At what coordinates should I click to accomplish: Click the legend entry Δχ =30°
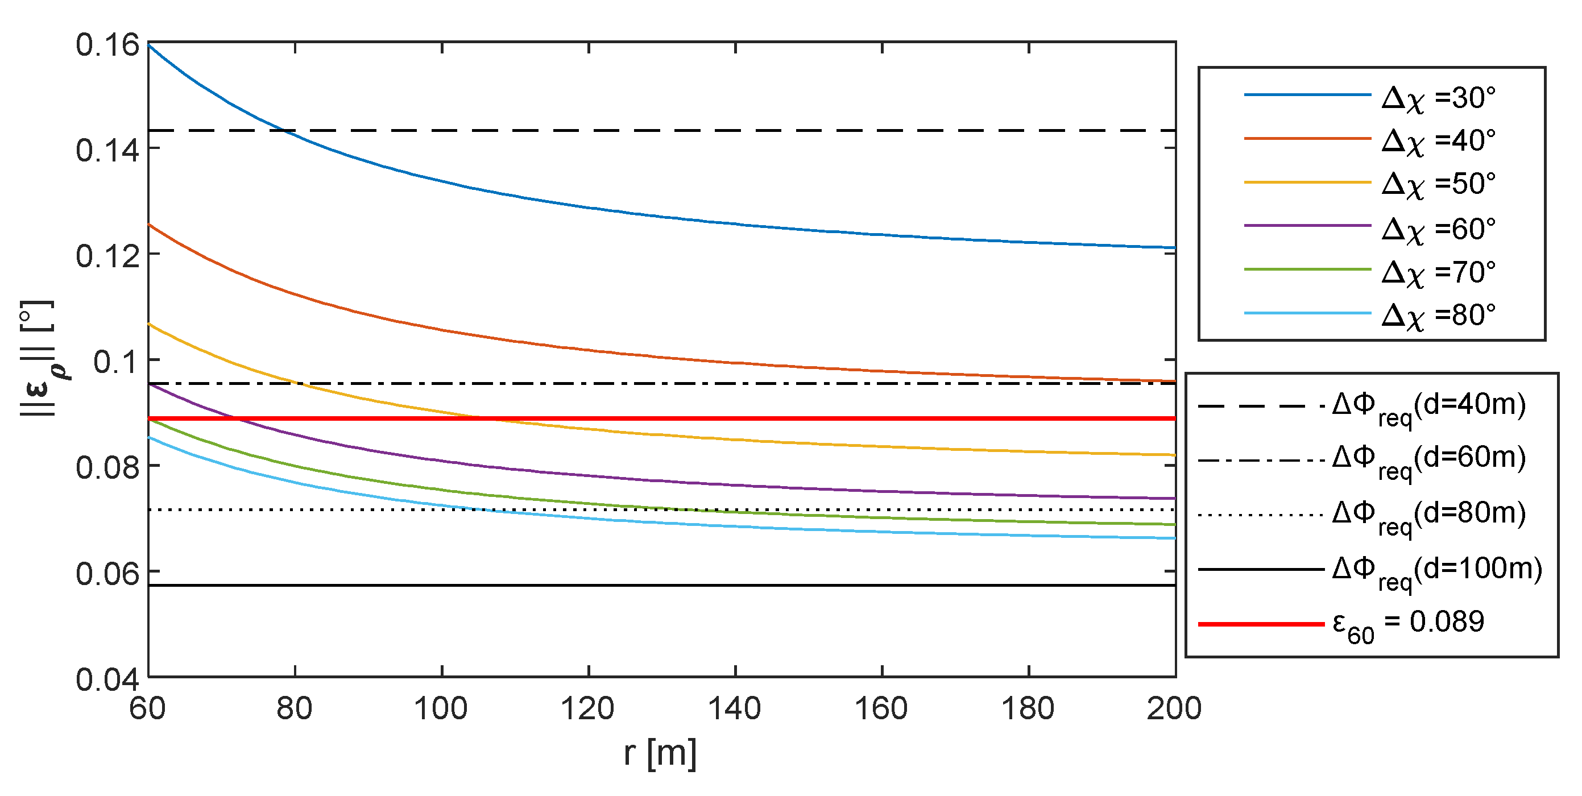tap(1438, 98)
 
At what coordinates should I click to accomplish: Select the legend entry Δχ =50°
tap(1438, 184)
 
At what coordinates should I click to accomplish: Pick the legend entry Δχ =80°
tap(1438, 316)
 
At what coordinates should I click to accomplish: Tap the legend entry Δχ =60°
tap(1438, 229)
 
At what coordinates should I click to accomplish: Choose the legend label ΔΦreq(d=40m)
tap(1428, 407)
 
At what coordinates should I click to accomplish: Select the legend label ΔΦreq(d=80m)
tap(1428, 515)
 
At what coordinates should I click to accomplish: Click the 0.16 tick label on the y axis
tap(107, 45)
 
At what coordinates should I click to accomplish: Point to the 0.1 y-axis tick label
tap(116, 362)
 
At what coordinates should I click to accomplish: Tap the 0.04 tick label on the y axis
tap(107, 679)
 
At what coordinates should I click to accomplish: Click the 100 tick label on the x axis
tap(441, 709)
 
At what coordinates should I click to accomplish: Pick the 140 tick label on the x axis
tap(735, 709)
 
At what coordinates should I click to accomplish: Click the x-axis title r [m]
tap(660, 753)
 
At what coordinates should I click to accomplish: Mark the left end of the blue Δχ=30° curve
tap(149, 45)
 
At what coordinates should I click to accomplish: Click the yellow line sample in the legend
tap(1307, 183)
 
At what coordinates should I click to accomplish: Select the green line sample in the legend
tap(1307, 270)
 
